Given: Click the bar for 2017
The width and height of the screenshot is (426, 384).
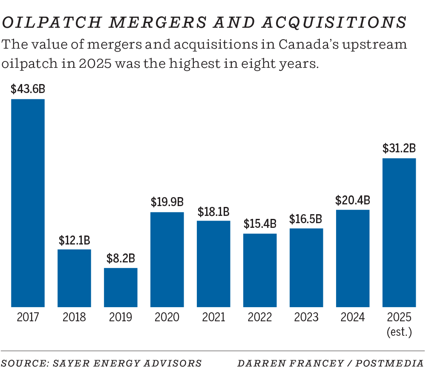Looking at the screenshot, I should click(28, 203).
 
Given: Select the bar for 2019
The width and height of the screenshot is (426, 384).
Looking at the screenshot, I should click(121, 287).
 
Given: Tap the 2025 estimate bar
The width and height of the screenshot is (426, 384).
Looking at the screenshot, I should click(399, 233).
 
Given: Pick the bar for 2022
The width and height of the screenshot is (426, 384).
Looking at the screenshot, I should click(260, 270).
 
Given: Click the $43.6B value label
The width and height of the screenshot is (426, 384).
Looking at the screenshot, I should click(28, 89).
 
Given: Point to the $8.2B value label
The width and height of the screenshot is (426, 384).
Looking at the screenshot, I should click(121, 258).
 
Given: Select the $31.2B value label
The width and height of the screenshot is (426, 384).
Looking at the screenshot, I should click(399, 148).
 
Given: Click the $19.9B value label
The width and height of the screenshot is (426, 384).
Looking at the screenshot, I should click(167, 202).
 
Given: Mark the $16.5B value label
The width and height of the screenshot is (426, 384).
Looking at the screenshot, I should click(306, 219).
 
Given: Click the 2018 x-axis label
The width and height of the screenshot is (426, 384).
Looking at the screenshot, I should click(74, 317).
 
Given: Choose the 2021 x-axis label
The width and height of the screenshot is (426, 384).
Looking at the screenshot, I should click(213, 317).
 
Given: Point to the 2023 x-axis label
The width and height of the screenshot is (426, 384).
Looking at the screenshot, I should click(306, 317).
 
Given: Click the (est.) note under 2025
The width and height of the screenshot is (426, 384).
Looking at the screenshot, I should click(399, 332).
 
